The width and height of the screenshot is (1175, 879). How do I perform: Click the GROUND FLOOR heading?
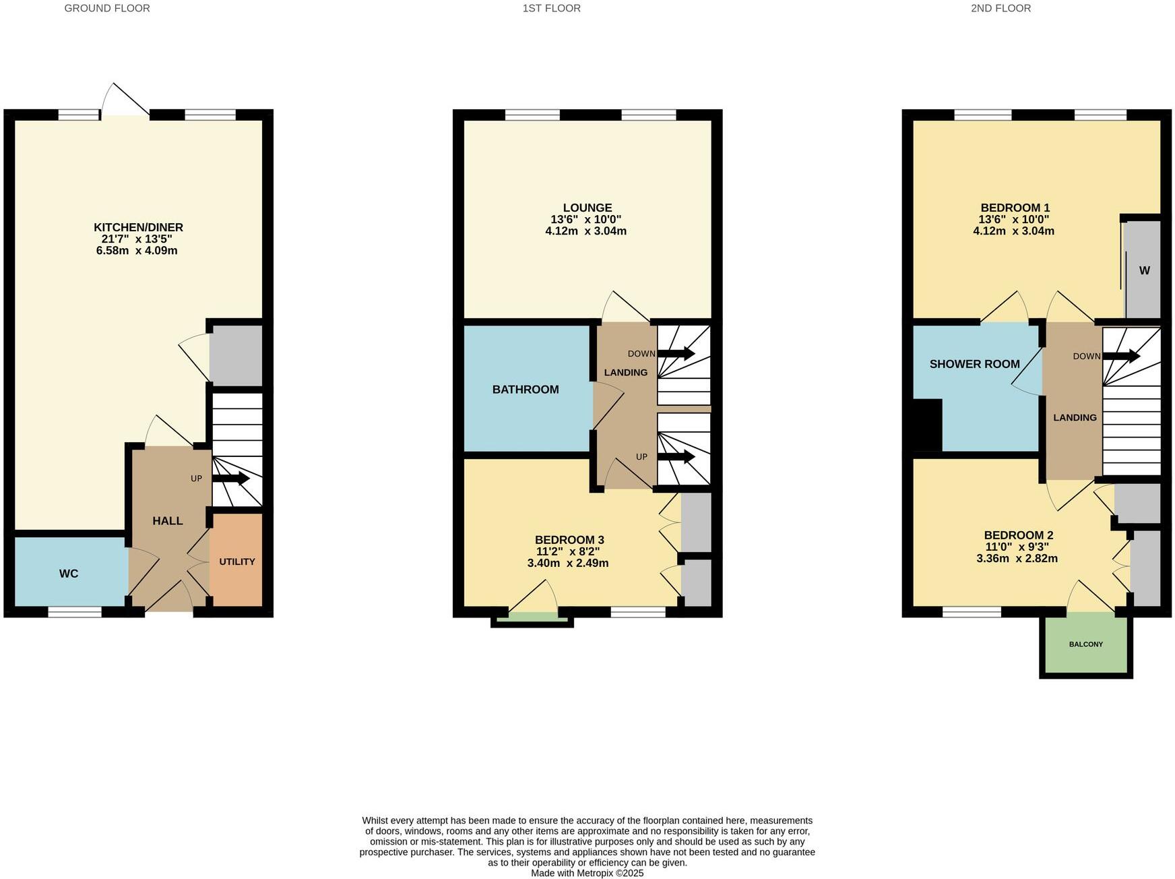pyautogui.click(x=107, y=8)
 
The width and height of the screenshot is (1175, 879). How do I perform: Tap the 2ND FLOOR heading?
pyautogui.click(x=1001, y=8)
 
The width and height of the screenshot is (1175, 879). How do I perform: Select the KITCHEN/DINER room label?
pyautogui.click(x=138, y=227)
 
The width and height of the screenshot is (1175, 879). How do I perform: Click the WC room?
pyautogui.click(x=69, y=574)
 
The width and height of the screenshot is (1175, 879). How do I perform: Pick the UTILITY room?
pyautogui.click(x=236, y=561)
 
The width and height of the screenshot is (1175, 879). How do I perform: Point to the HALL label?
pyautogui.click(x=167, y=520)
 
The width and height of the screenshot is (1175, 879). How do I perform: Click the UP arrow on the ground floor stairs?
pyautogui.click(x=231, y=478)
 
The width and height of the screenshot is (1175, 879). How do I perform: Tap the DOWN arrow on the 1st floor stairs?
pyautogui.click(x=676, y=353)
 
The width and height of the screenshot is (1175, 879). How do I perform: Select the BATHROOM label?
pyautogui.click(x=526, y=389)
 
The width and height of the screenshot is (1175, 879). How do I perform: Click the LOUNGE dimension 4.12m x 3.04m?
pyautogui.click(x=585, y=231)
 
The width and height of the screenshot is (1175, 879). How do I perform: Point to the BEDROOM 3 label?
pyautogui.click(x=569, y=539)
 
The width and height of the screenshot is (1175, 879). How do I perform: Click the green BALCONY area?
pyautogui.click(x=1086, y=644)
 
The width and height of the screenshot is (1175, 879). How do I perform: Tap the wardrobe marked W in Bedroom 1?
pyautogui.click(x=1144, y=270)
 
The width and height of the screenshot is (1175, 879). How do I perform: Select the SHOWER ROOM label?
pyautogui.click(x=974, y=364)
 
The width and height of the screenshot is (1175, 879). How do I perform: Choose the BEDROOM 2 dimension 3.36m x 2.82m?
pyautogui.click(x=1017, y=558)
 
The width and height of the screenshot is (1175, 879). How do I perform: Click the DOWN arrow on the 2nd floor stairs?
pyautogui.click(x=1121, y=356)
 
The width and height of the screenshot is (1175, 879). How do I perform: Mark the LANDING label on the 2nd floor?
pyautogui.click(x=1075, y=417)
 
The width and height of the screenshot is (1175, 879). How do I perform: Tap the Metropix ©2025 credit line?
pyautogui.click(x=587, y=873)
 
